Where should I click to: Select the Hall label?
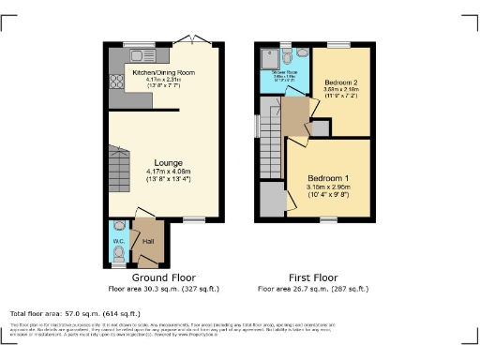[x=147, y=241]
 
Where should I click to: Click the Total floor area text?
[x=75, y=313]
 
